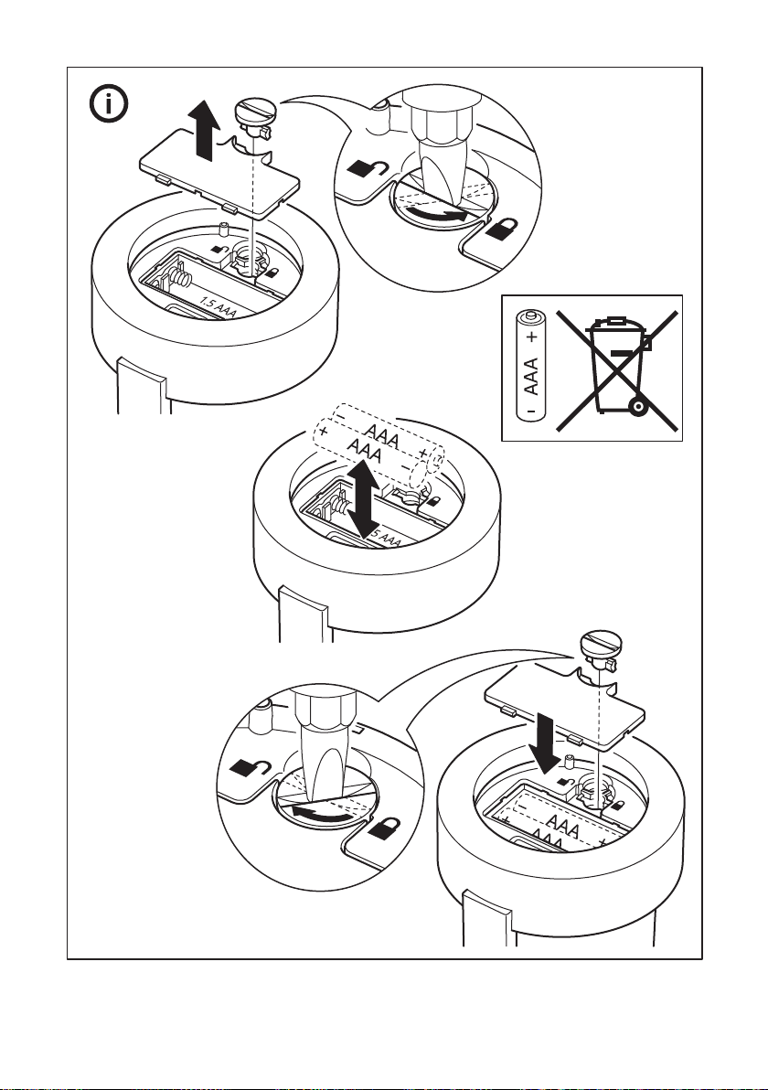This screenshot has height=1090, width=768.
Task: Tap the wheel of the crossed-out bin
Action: (639, 403)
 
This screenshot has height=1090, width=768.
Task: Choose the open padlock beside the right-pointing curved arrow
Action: (366, 169)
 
